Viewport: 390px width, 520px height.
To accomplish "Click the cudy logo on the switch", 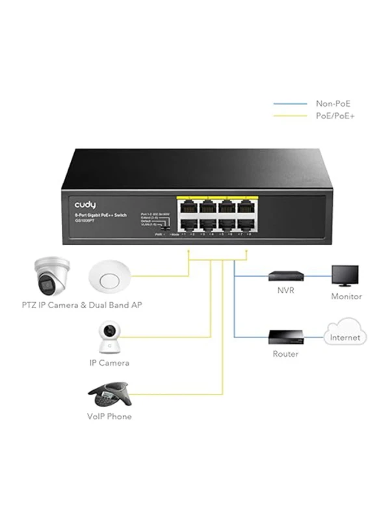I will point(88,204).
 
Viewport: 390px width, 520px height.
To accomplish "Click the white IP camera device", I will point(110,336).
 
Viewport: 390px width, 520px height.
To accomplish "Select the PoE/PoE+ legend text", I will point(335,116).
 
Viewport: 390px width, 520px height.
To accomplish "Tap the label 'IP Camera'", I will point(109,363).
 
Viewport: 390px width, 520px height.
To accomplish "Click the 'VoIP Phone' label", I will point(109,416).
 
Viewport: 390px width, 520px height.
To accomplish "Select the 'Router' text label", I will point(285,354).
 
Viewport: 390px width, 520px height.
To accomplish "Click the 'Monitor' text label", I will point(346,296).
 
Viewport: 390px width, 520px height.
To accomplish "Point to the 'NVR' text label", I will point(285,291).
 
